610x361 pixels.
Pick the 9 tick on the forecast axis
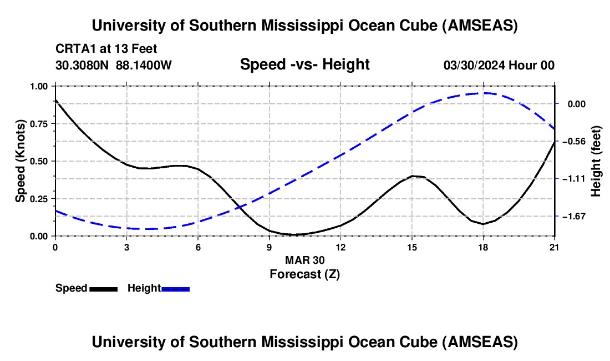[x=270, y=247]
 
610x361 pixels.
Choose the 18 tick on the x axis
[x=484, y=247]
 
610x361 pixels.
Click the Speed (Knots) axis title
[x=20, y=161]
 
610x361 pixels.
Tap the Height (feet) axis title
[x=596, y=161]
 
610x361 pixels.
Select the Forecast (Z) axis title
[x=304, y=274]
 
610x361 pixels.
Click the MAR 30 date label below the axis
[x=304, y=260]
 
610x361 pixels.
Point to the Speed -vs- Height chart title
[x=304, y=65]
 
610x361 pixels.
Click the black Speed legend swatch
[x=103, y=288]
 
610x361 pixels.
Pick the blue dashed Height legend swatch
[x=176, y=288]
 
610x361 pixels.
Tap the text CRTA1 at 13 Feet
[x=110, y=49]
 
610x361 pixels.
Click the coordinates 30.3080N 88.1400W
[x=114, y=65]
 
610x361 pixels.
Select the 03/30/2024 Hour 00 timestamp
[x=499, y=65]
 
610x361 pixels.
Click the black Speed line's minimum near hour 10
[x=293, y=234]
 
